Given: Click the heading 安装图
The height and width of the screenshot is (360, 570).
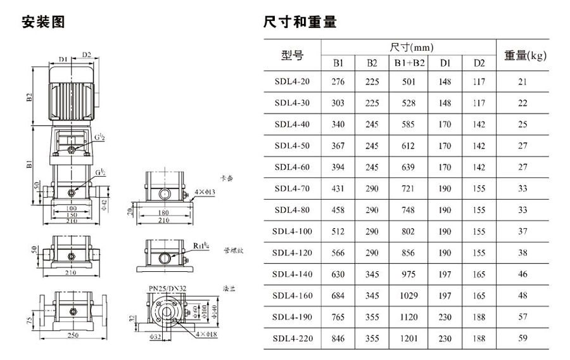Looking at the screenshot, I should point(44,22).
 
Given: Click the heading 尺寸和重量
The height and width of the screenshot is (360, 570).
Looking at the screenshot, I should point(300,22).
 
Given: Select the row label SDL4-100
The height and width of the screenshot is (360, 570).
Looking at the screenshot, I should point(293,231).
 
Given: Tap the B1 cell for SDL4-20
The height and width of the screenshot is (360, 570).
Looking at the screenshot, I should point(338,82).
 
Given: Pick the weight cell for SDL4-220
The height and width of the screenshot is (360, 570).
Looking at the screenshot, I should point(522,338).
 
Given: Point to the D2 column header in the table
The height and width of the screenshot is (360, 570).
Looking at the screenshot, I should point(479,63).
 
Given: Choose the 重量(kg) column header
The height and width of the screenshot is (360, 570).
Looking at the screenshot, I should point(525,55).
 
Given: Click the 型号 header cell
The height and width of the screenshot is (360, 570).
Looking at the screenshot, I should point(293,55).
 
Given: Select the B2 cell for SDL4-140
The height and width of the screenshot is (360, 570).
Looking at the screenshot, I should point(372,274).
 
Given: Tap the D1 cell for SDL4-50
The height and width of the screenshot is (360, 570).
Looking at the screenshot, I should point(445,146).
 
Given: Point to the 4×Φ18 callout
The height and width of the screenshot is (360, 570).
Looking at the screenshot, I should point(205,333).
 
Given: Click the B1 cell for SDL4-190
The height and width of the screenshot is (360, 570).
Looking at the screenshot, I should point(338,317).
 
